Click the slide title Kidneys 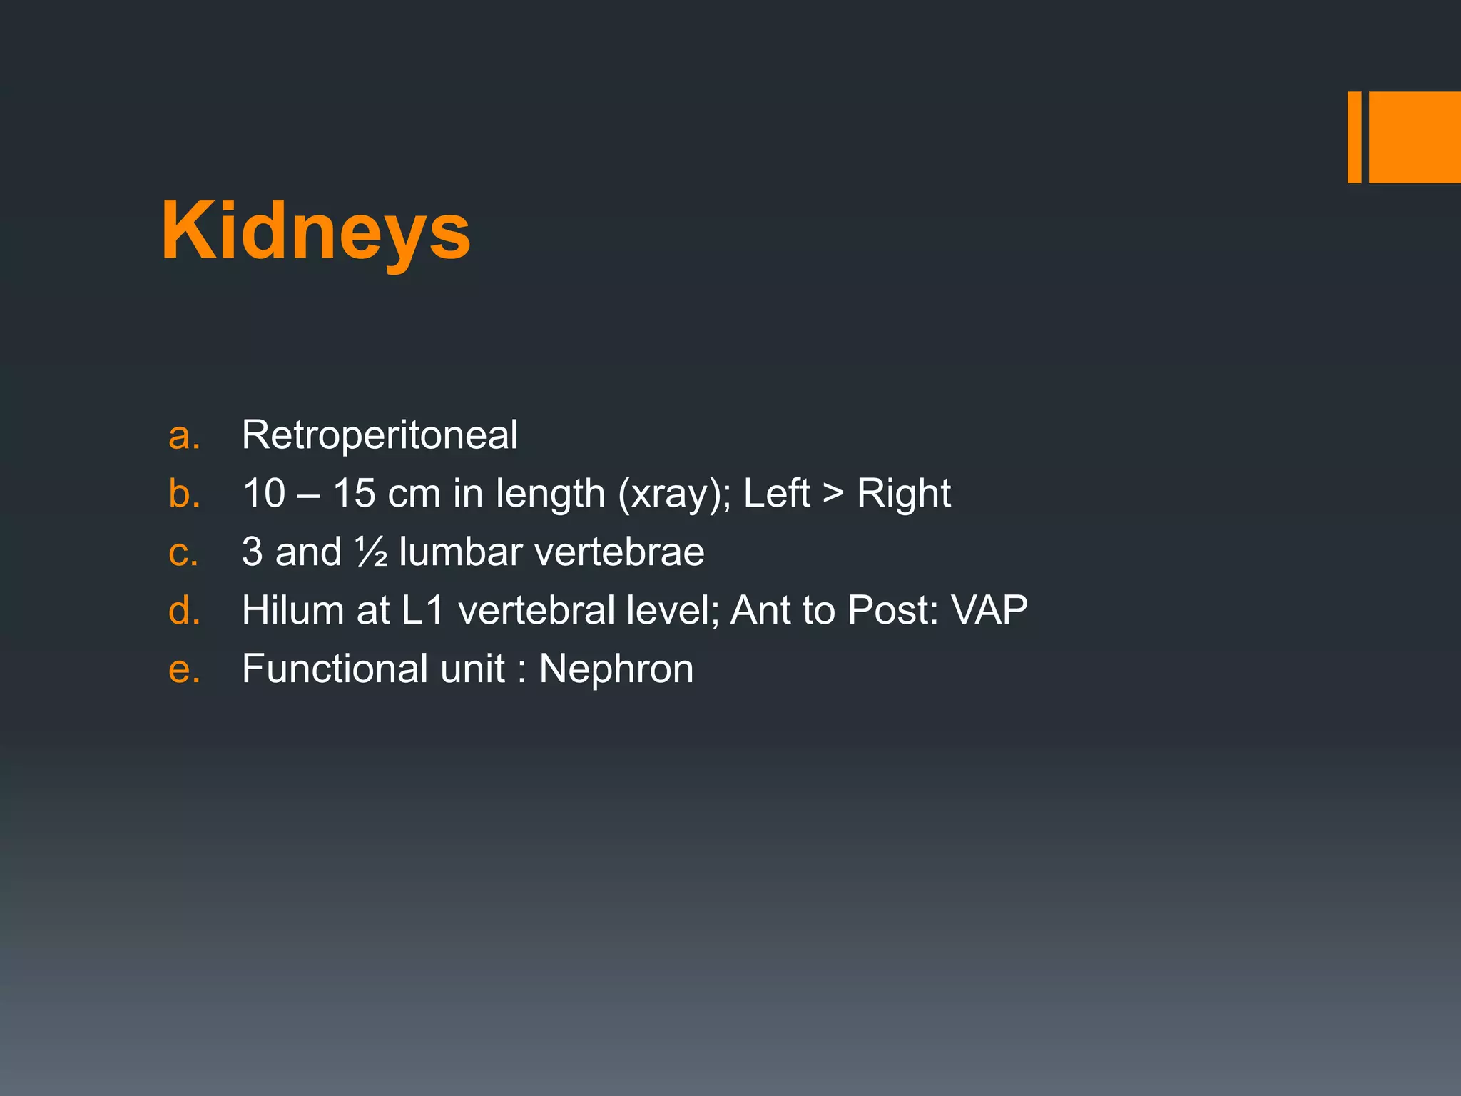[x=315, y=230]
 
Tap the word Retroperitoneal [x=380, y=435]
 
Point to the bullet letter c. [x=183, y=552]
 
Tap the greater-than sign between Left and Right [x=833, y=493]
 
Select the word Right [x=903, y=493]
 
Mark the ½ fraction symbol [x=371, y=552]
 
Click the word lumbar [x=461, y=552]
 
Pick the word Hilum [x=293, y=610]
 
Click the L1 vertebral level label [x=424, y=610]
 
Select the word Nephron [x=616, y=669]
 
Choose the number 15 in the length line [x=354, y=493]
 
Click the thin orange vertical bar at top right [x=1354, y=137]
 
